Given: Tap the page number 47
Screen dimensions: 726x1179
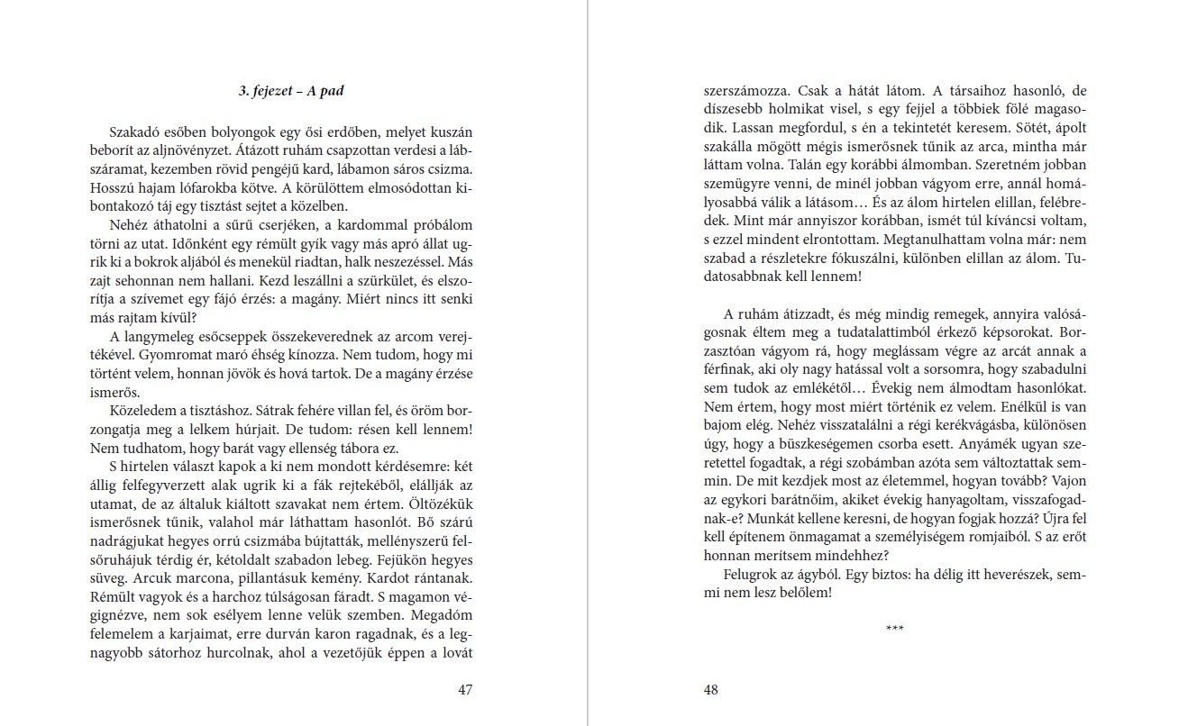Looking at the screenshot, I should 465,690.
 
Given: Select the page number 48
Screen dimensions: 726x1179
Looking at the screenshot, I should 710,690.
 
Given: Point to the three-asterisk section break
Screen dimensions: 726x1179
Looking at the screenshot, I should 895,628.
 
